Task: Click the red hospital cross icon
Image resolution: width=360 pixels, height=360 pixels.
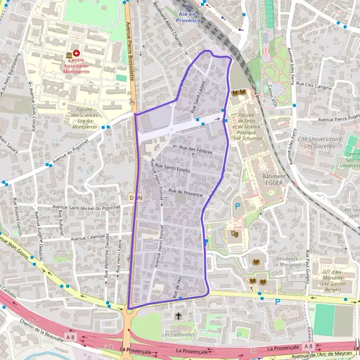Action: tap(77, 53)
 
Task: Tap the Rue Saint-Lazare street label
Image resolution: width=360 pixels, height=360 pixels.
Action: tap(199, 96)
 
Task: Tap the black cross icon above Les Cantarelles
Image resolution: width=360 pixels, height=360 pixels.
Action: tap(178, 315)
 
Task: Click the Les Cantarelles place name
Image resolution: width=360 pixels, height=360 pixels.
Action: tap(179, 334)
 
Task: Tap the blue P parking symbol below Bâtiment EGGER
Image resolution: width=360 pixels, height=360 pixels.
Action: tap(238, 206)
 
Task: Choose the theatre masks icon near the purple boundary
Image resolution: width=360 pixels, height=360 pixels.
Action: tap(234, 234)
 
